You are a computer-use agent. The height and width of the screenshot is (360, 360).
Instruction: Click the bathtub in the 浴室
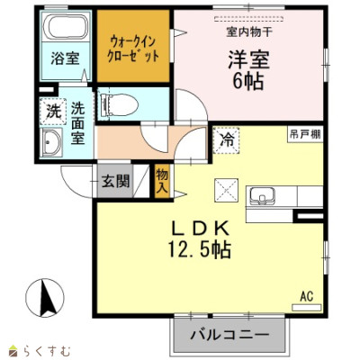pos(65,26)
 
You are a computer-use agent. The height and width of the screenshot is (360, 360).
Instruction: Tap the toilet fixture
pos(119,103)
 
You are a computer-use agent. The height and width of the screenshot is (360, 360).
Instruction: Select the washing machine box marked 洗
pos(53,112)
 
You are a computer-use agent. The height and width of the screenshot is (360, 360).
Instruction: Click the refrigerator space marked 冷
pos(227,140)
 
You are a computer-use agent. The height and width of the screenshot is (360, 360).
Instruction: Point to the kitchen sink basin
pos(263,196)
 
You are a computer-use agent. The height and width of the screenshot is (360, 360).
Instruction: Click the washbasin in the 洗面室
pos(51,143)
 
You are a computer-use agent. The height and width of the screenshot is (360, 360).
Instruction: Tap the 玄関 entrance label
pos(115,181)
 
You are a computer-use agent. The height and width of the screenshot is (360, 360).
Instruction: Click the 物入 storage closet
pos(162,181)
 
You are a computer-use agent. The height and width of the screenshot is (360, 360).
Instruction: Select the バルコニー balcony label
pos(229,335)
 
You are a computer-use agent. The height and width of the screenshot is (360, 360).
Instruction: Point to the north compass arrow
pos(47,298)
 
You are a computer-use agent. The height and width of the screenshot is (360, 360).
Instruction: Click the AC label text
pos(307,296)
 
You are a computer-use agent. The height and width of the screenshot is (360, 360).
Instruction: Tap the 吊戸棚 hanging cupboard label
pos(305,134)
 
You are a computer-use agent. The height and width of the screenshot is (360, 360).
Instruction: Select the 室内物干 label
pos(249,32)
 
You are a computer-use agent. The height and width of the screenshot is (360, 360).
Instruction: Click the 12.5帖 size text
pos(199,249)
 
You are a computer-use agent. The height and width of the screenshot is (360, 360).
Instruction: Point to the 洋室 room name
pos(249,59)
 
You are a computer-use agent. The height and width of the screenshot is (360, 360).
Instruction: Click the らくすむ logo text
pos(47,350)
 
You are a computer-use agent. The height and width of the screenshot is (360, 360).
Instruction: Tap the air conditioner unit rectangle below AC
pos(307,308)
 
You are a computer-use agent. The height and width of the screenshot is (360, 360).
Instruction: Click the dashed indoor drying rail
pos(249,19)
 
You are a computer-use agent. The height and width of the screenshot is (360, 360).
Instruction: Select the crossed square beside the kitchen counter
pos(227,190)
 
